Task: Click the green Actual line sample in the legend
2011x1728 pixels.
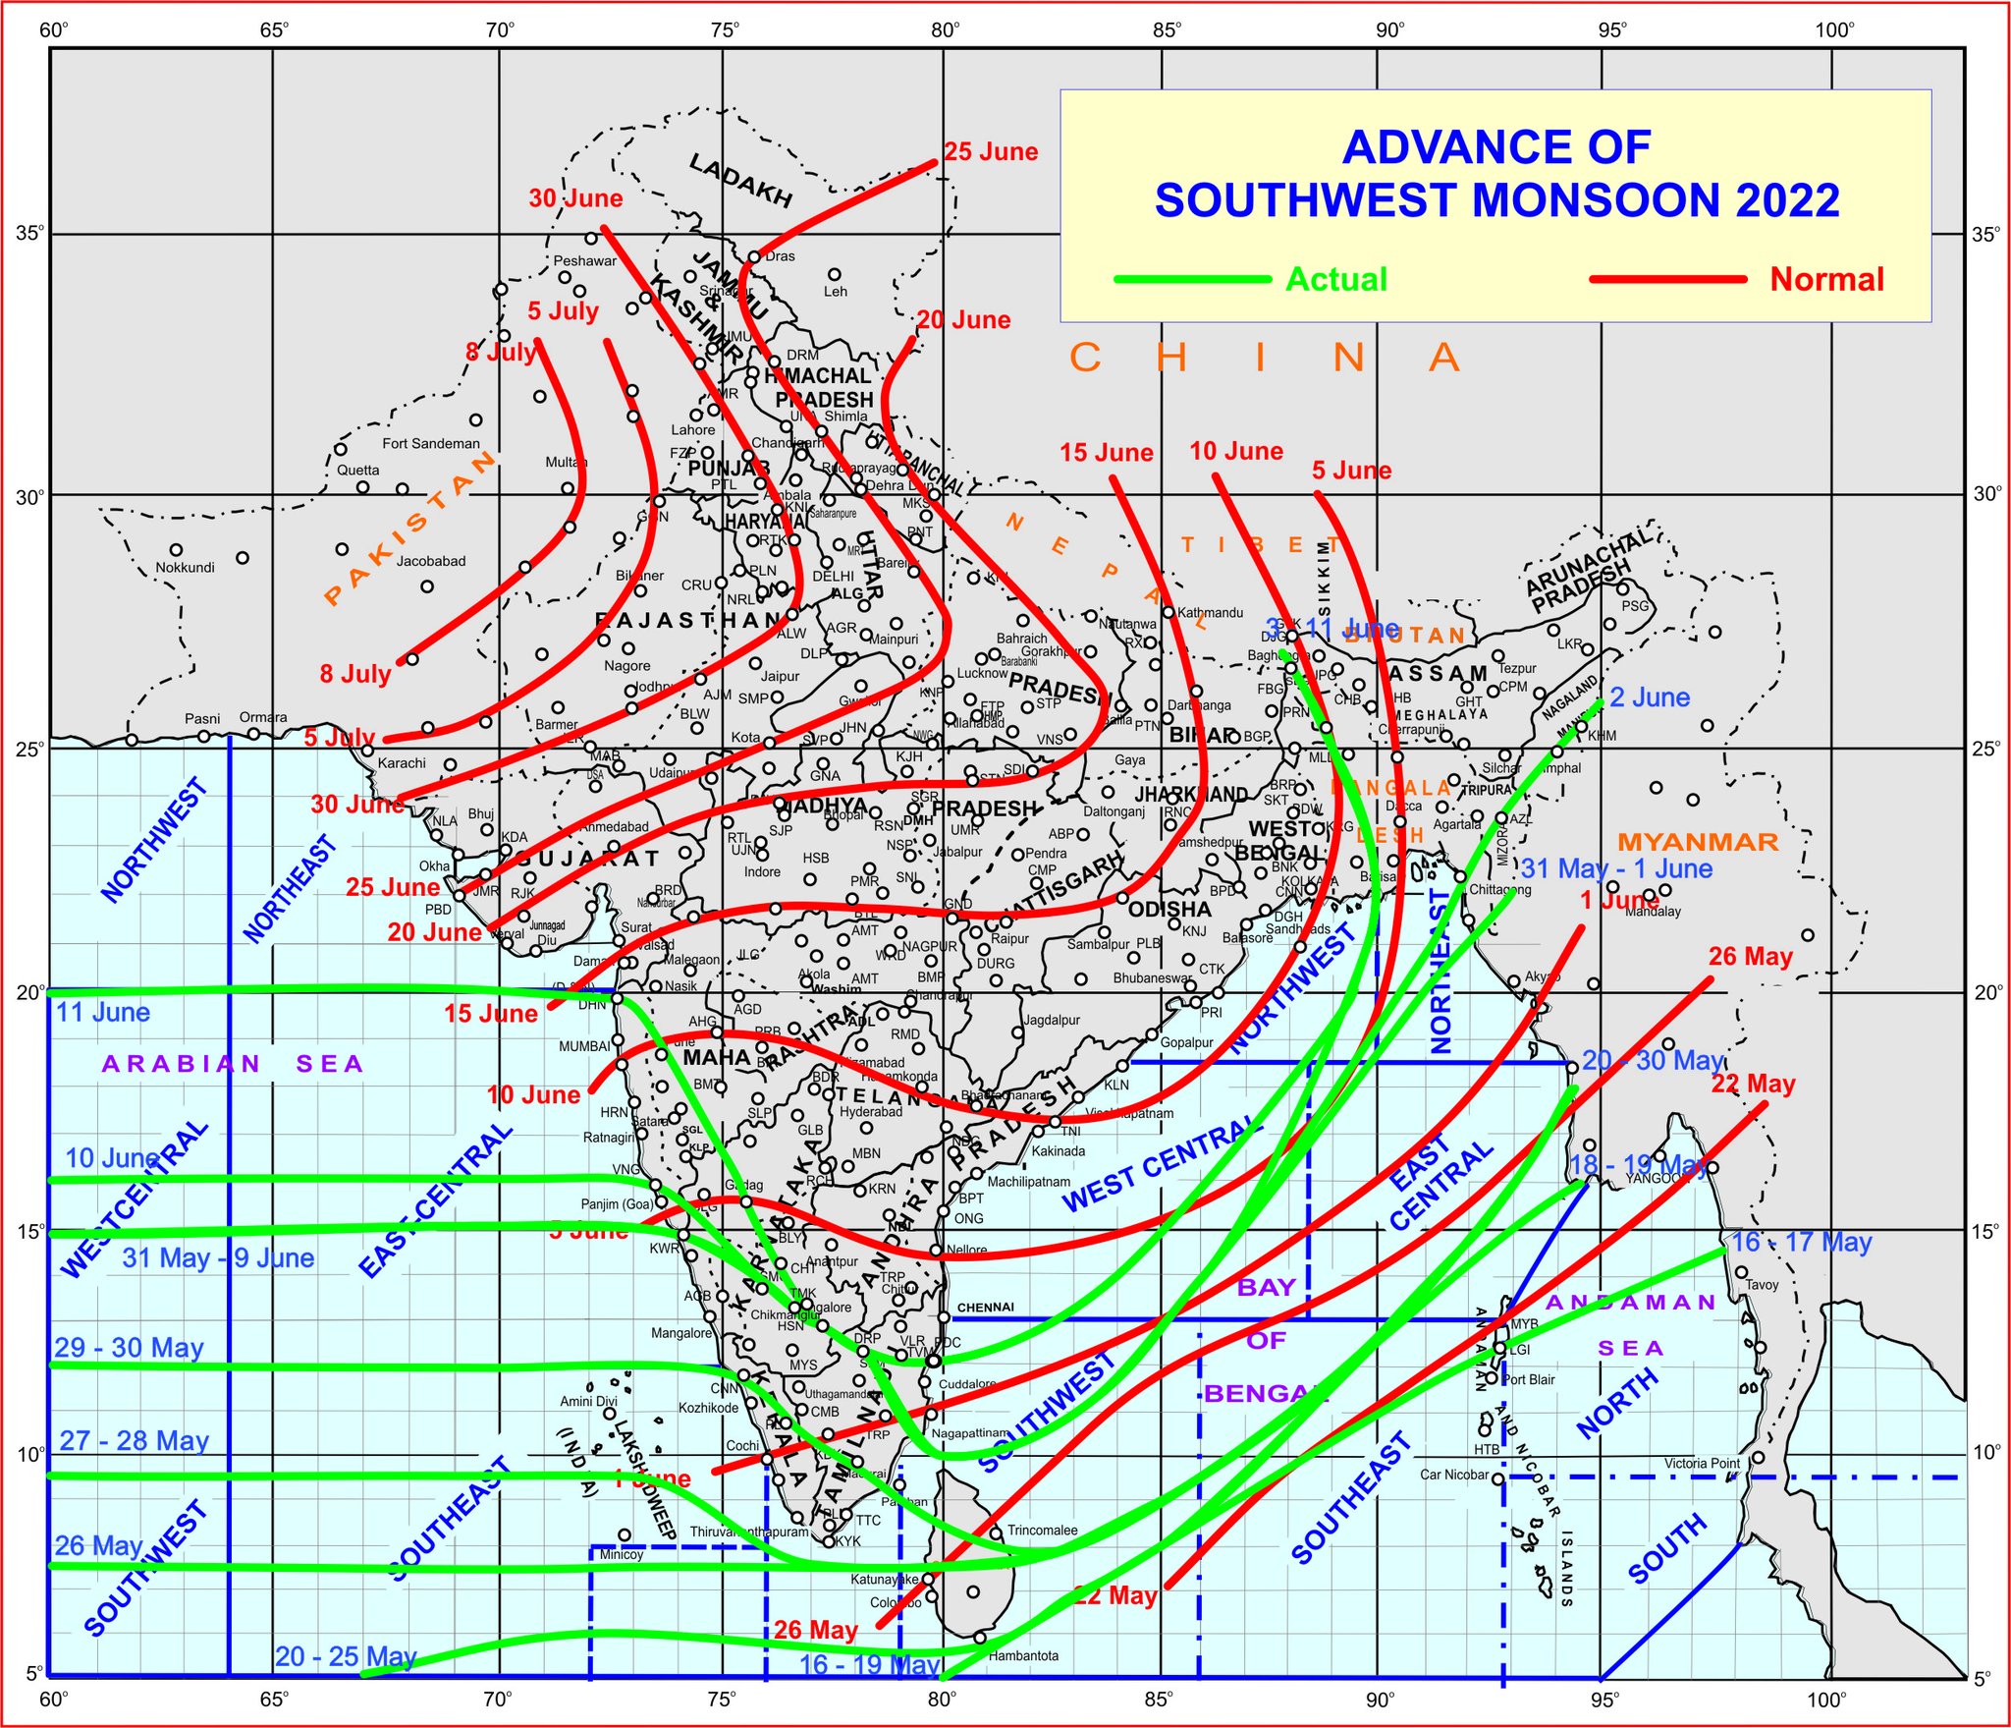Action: pyautogui.click(x=1193, y=280)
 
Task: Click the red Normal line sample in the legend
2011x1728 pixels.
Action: pyautogui.click(x=1668, y=280)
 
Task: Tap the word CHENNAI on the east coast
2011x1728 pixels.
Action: pyautogui.click(x=985, y=1308)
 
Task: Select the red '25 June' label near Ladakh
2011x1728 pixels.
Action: pyautogui.click(x=991, y=152)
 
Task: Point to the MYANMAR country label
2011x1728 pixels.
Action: pyautogui.click(x=1698, y=842)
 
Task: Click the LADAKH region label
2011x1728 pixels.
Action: pyautogui.click(x=740, y=180)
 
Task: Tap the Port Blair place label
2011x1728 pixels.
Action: pyautogui.click(x=1528, y=1380)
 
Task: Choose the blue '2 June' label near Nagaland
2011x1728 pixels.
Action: pyautogui.click(x=1650, y=697)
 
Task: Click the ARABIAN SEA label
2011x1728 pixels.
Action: pyautogui.click(x=233, y=1064)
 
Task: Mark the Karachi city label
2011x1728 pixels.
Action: pyautogui.click(x=402, y=763)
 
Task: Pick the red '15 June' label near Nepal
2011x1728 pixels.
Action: pyautogui.click(x=1106, y=453)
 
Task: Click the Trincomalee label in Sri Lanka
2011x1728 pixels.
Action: pyautogui.click(x=1042, y=1531)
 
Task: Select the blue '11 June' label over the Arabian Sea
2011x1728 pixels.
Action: pyautogui.click(x=103, y=1013)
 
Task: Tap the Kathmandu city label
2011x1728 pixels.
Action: pyautogui.click(x=1210, y=613)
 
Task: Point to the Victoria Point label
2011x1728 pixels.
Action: pyautogui.click(x=1702, y=1464)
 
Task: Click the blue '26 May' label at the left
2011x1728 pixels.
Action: pyautogui.click(x=98, y=1546)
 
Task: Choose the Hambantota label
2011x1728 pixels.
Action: pyautogui.click(x=1023, y=1656)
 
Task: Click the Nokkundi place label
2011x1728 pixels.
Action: pyautogui.click(x=185, y=568)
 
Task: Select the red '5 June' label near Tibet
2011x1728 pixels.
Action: pyautogui.click(x=1351, y=471)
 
